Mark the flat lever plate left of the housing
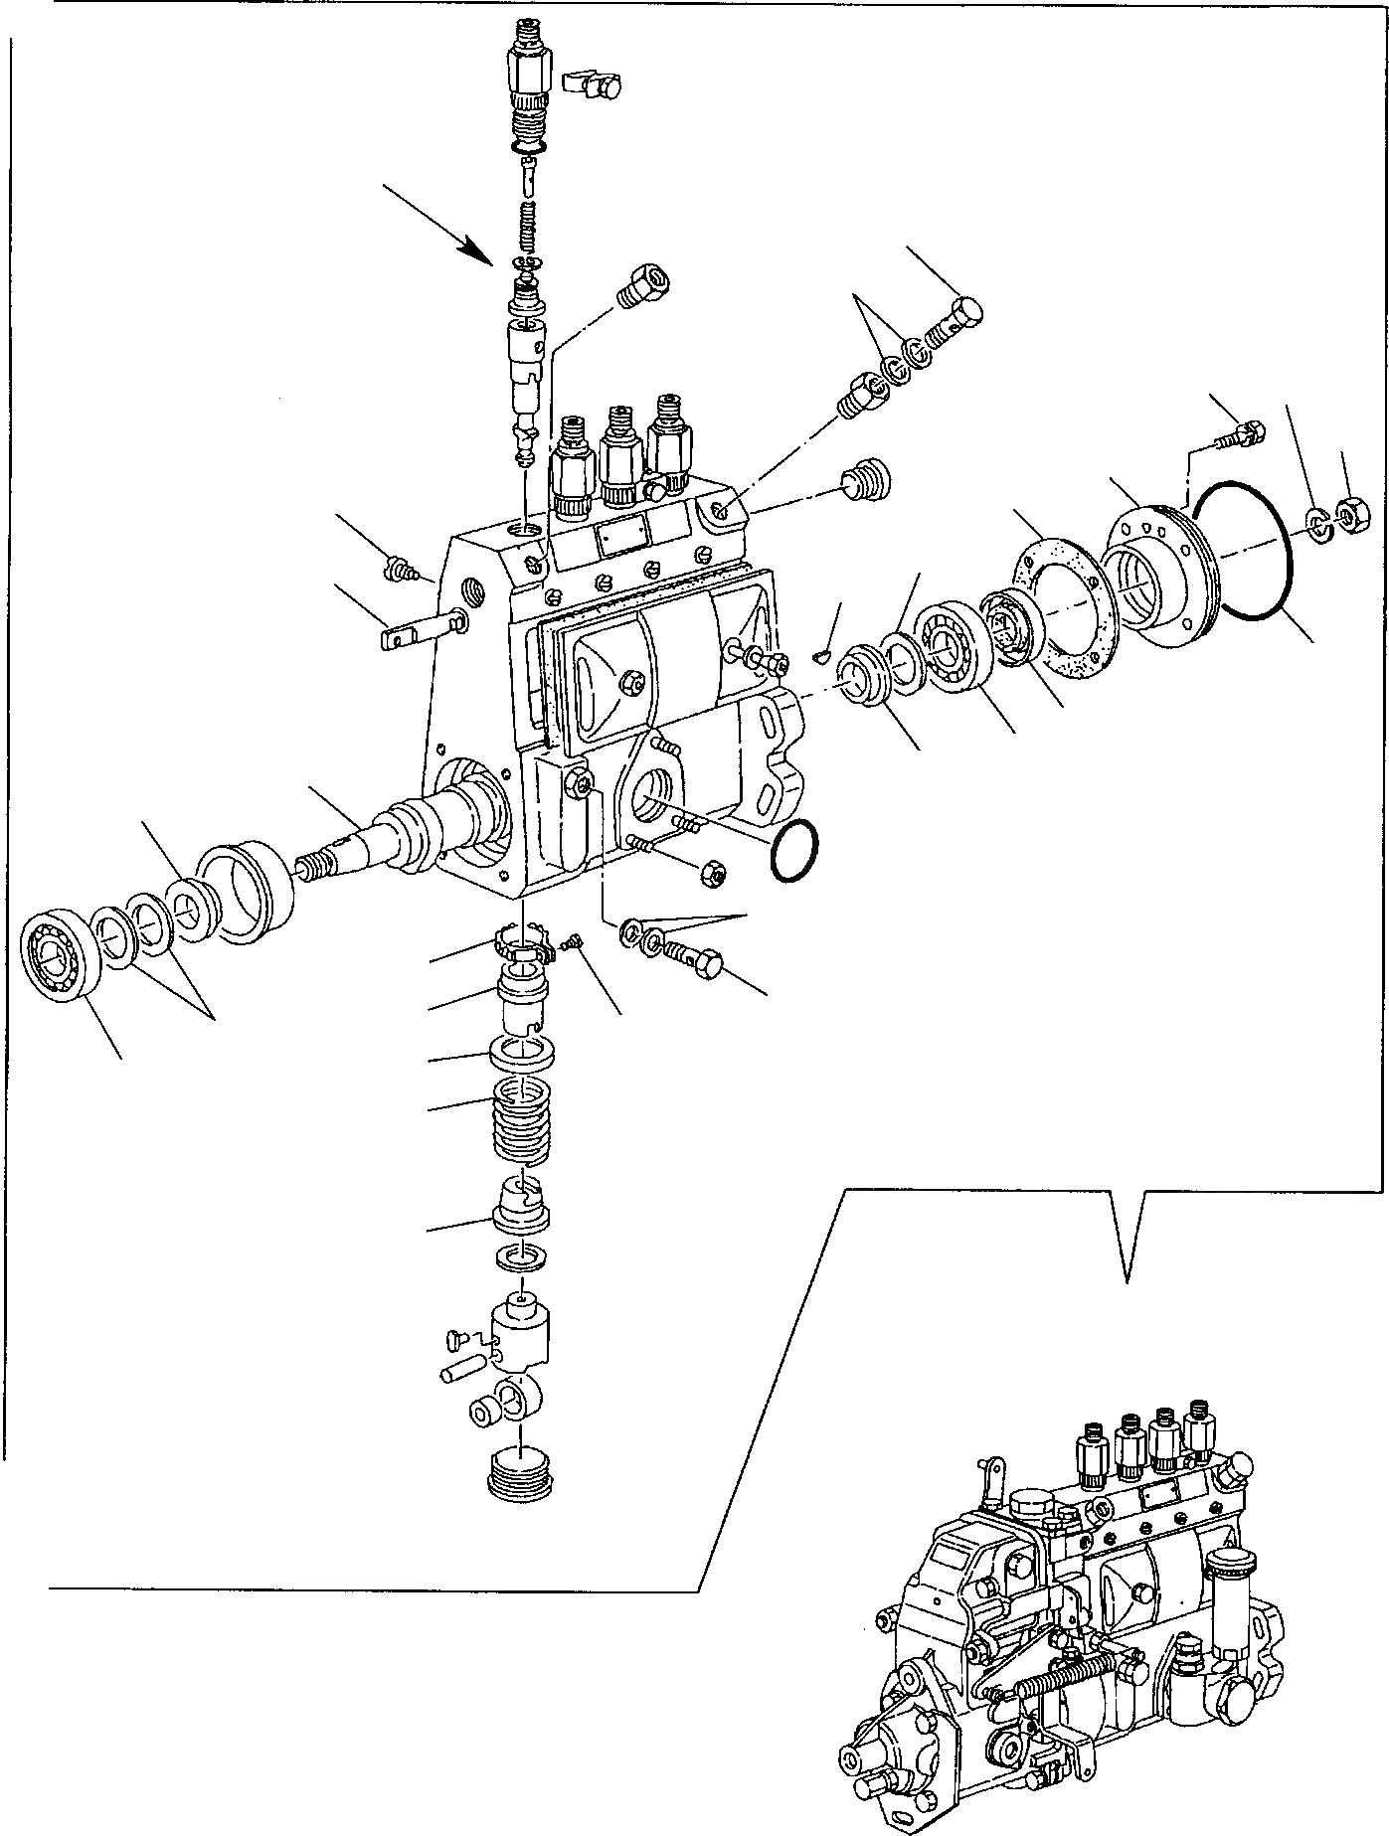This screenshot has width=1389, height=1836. [x=416, y=630]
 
